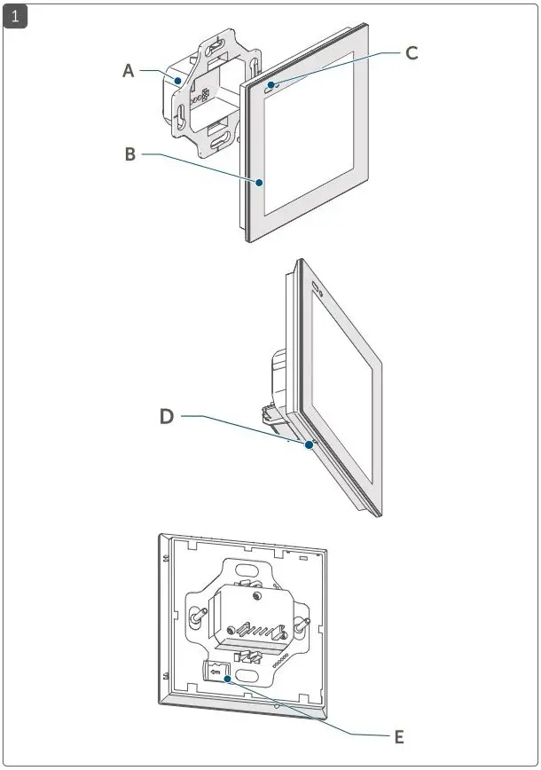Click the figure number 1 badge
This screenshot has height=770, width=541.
(16, 16)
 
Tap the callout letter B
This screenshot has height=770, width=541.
(130, 154)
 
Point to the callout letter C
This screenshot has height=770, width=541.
(412, 53)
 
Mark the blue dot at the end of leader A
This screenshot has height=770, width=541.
(178, 80)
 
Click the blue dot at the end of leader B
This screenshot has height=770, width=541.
(260, 183)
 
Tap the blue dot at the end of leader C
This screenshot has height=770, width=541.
(270, 86)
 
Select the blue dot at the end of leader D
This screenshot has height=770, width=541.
(308, 445)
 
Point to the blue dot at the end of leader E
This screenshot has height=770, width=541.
(228, 680)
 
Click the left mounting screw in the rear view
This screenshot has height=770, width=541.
(193, 616)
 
